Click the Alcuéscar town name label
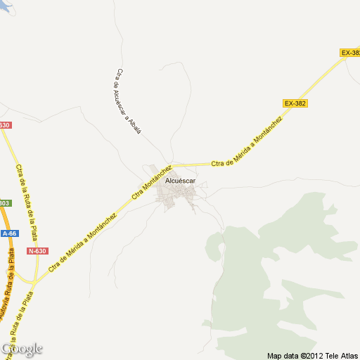179,181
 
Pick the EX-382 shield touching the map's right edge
349,53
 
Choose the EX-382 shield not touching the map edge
295,103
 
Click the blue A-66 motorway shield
9,233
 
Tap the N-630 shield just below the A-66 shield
37,251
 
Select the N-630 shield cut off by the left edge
5,125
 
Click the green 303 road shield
4,203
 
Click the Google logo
22,349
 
